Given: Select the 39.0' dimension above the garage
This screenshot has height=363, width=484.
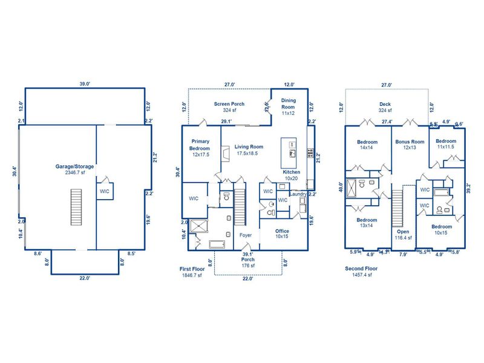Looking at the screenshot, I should [x=84, y=85].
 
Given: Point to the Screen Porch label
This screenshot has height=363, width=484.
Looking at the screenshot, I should [x=229, y=107].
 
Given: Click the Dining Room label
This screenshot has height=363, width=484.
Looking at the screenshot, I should [x=287, y=106].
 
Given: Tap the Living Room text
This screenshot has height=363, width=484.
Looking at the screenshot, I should [x=249, y=150].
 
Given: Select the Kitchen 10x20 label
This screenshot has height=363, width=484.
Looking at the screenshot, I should [x=292, y=175].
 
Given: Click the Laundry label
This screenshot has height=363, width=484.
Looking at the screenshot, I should [x=298, y=194].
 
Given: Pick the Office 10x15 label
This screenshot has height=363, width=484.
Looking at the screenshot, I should [x=282, y=234].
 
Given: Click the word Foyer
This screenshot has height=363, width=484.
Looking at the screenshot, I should [x=245, y=235].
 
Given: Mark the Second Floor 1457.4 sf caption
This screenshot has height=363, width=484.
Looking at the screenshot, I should [x=362, y=272].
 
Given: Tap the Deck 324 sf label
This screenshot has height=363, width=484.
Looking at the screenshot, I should [x=385, y=107].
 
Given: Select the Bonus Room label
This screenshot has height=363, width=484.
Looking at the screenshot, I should [x=410, y=144].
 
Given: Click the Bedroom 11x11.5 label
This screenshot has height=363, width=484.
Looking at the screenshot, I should [x=446, y=144].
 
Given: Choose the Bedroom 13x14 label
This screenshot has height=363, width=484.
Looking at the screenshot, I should [x=367, y=223].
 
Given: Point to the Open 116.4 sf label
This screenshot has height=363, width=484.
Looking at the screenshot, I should [x=403, y=235].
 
